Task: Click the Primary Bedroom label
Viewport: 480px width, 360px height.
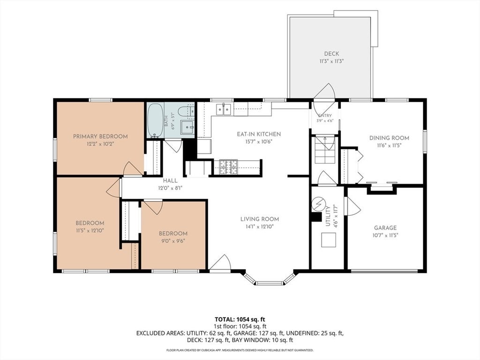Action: (x=100, y=136)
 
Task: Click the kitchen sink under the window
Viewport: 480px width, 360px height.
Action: (x=224, y=109)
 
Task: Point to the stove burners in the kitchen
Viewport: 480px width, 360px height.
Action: (x=228, y=167)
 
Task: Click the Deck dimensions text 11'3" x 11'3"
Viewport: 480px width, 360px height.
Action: (x=331, y=61)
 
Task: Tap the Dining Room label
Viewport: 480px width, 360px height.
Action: (x=389, y=138)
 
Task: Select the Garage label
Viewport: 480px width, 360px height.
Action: (x=385, y=227)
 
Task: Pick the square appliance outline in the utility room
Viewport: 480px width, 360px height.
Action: (x=329, y=240)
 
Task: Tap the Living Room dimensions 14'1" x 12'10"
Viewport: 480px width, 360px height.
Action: (x=259, y=226)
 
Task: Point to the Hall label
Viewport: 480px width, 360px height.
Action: (x=170, y=180)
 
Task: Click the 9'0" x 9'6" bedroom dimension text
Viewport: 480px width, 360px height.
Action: (x=173, y=240)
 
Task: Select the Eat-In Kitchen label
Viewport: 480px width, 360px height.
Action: (x=259, y=134)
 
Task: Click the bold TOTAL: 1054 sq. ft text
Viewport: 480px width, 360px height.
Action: (x=240, y=320)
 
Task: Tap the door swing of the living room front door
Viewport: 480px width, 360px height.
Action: (x=221, y=261)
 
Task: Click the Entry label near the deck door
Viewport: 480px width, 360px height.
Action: (x=325, y=115)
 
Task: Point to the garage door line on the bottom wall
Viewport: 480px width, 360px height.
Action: (x=384, y=271)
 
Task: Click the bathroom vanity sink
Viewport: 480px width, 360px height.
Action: (x=187, y=127)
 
